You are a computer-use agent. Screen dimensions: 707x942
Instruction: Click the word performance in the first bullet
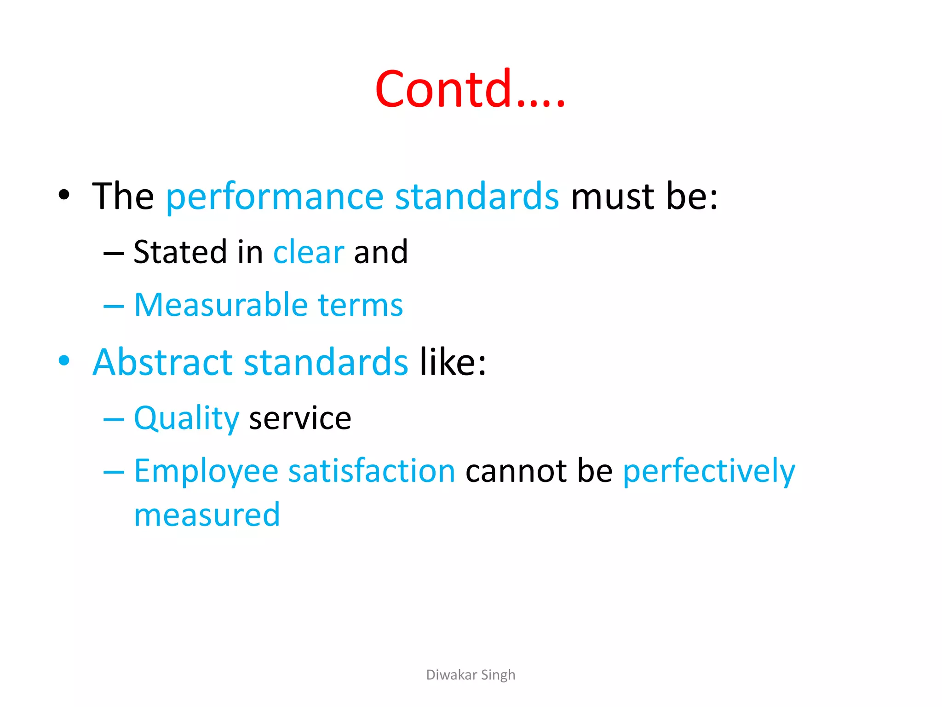(x=275, y=197)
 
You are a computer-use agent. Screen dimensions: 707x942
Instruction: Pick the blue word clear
(x=309, y=252)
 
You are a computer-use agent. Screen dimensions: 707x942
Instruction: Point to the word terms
(x=360, y=305)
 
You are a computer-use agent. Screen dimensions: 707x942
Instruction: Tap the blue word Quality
(x=186, y=419)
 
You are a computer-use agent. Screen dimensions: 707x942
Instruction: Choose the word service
(x=300, y=419)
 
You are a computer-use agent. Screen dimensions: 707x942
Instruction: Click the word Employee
(x=206, y=471)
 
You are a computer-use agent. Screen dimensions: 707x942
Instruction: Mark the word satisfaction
(x=372, y=471)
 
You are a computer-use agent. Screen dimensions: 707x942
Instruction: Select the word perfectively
(x=709, y=471)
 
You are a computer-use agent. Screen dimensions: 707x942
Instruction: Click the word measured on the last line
(x=207, y=515)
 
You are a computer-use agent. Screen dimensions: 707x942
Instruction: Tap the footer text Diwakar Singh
(x=471, y=675)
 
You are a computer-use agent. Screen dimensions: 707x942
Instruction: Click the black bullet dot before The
(x=64, y=195)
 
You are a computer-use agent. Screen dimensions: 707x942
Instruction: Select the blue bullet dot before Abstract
(x=64, y=360)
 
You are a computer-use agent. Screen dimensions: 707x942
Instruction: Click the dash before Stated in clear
(x=114, y=254)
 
